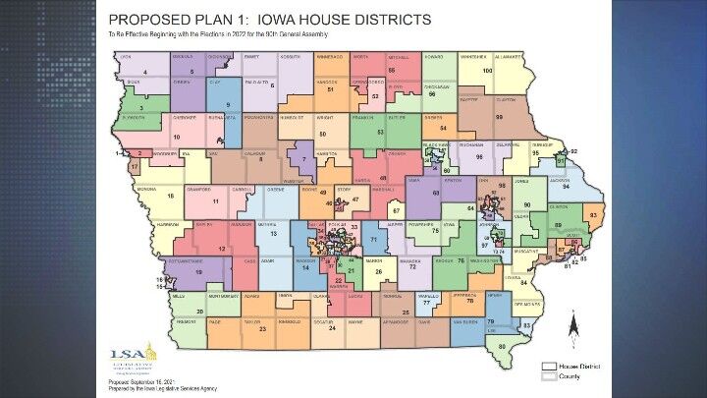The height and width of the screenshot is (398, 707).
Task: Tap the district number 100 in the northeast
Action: [x=487, y=72]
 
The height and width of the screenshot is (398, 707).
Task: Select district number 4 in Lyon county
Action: [x=145, y=72]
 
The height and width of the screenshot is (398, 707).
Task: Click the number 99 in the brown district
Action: [x=499, y=117]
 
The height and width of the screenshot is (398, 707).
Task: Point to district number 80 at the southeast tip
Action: [x=503, y=346]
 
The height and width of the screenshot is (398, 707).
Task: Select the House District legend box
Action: [x=549, y=366]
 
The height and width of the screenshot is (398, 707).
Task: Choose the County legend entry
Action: [x=549, y=375]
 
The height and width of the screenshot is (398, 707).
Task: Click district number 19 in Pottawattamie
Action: [x=199, y=271]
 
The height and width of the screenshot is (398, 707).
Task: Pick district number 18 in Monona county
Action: [x=170, y=197]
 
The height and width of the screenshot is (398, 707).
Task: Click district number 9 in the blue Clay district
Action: [x=228, y=104]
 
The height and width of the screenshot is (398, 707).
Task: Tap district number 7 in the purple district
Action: [x=303, y=158]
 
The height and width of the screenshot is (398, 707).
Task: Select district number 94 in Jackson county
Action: [x=566, y=186]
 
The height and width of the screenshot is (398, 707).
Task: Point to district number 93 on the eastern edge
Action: [x=593, y=213]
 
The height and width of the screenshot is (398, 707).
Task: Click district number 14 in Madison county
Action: [x=307, y=267]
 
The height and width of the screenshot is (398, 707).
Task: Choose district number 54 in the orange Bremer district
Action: [x=443, y=128]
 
